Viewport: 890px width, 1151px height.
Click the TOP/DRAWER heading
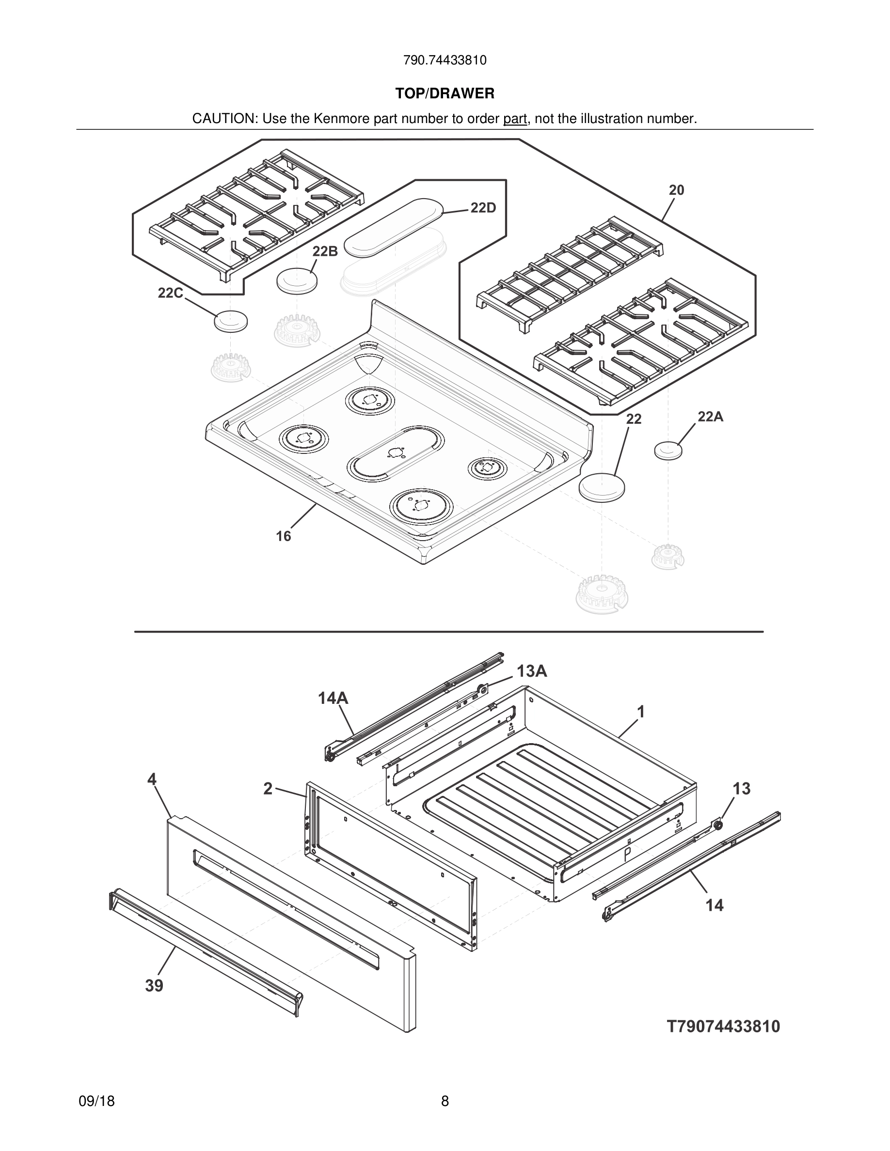pos(445,94)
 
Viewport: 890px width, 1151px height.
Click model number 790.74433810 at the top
pos(445,61)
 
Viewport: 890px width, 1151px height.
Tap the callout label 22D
pos(482,208)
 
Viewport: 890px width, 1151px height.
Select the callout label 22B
pos(325,251)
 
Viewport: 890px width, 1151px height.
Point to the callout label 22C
pos(170,293)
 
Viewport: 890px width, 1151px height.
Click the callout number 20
pos(676,190)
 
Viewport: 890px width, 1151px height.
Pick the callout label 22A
pos(710,417)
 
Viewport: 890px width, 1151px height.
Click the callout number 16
pos(283,536)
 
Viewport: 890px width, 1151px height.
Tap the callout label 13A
pos(531,671)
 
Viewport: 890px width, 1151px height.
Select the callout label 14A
pos(333,698)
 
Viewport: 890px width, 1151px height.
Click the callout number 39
pos(155,985)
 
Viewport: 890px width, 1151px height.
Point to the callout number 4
pos(152,779)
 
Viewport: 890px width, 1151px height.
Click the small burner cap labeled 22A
pos(668,451)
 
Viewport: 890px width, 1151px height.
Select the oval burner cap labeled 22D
pos(393,228)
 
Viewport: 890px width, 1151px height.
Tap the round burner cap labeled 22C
pos(231,321)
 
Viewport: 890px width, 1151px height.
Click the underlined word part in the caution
pos(515,119)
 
